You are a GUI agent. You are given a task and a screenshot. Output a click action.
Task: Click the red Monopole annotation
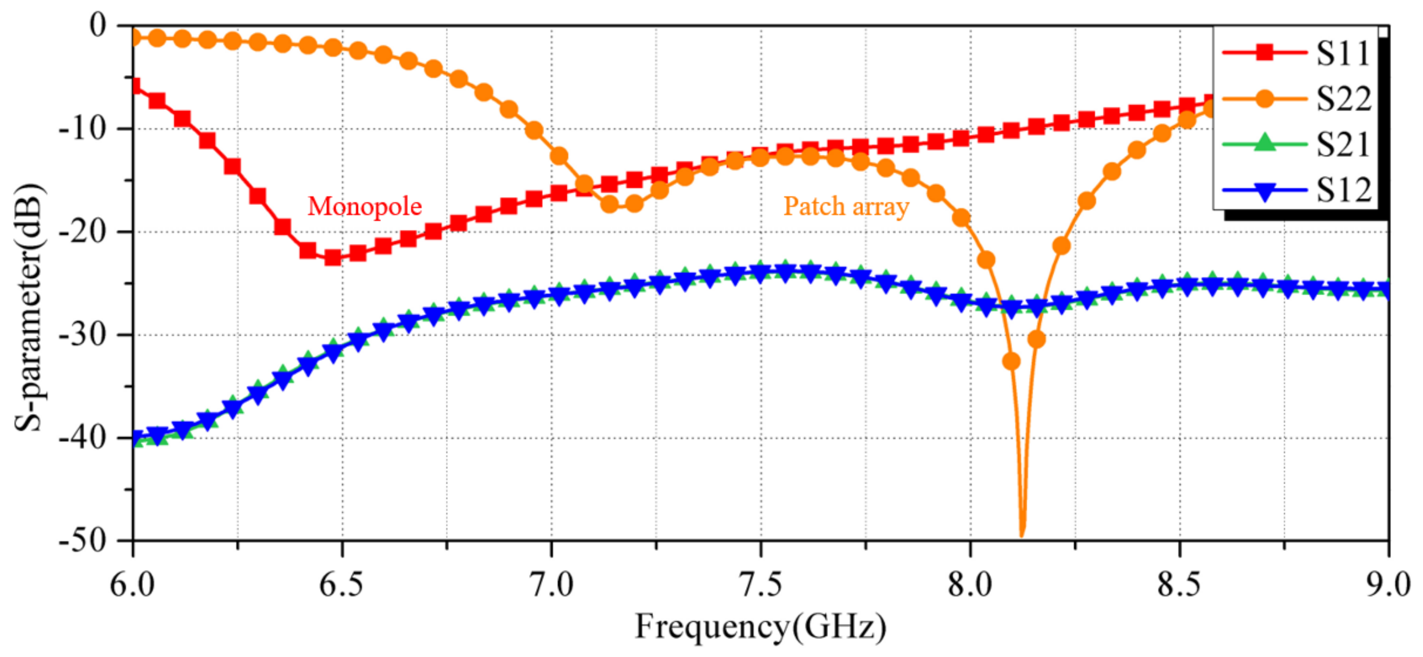click(364, 207)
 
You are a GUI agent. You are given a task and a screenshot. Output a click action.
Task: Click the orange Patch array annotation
click(846, 207)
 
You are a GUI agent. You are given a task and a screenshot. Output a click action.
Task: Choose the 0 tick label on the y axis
click(98, 26)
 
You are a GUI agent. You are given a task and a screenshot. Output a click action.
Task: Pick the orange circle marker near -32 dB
click(1011, 361)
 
